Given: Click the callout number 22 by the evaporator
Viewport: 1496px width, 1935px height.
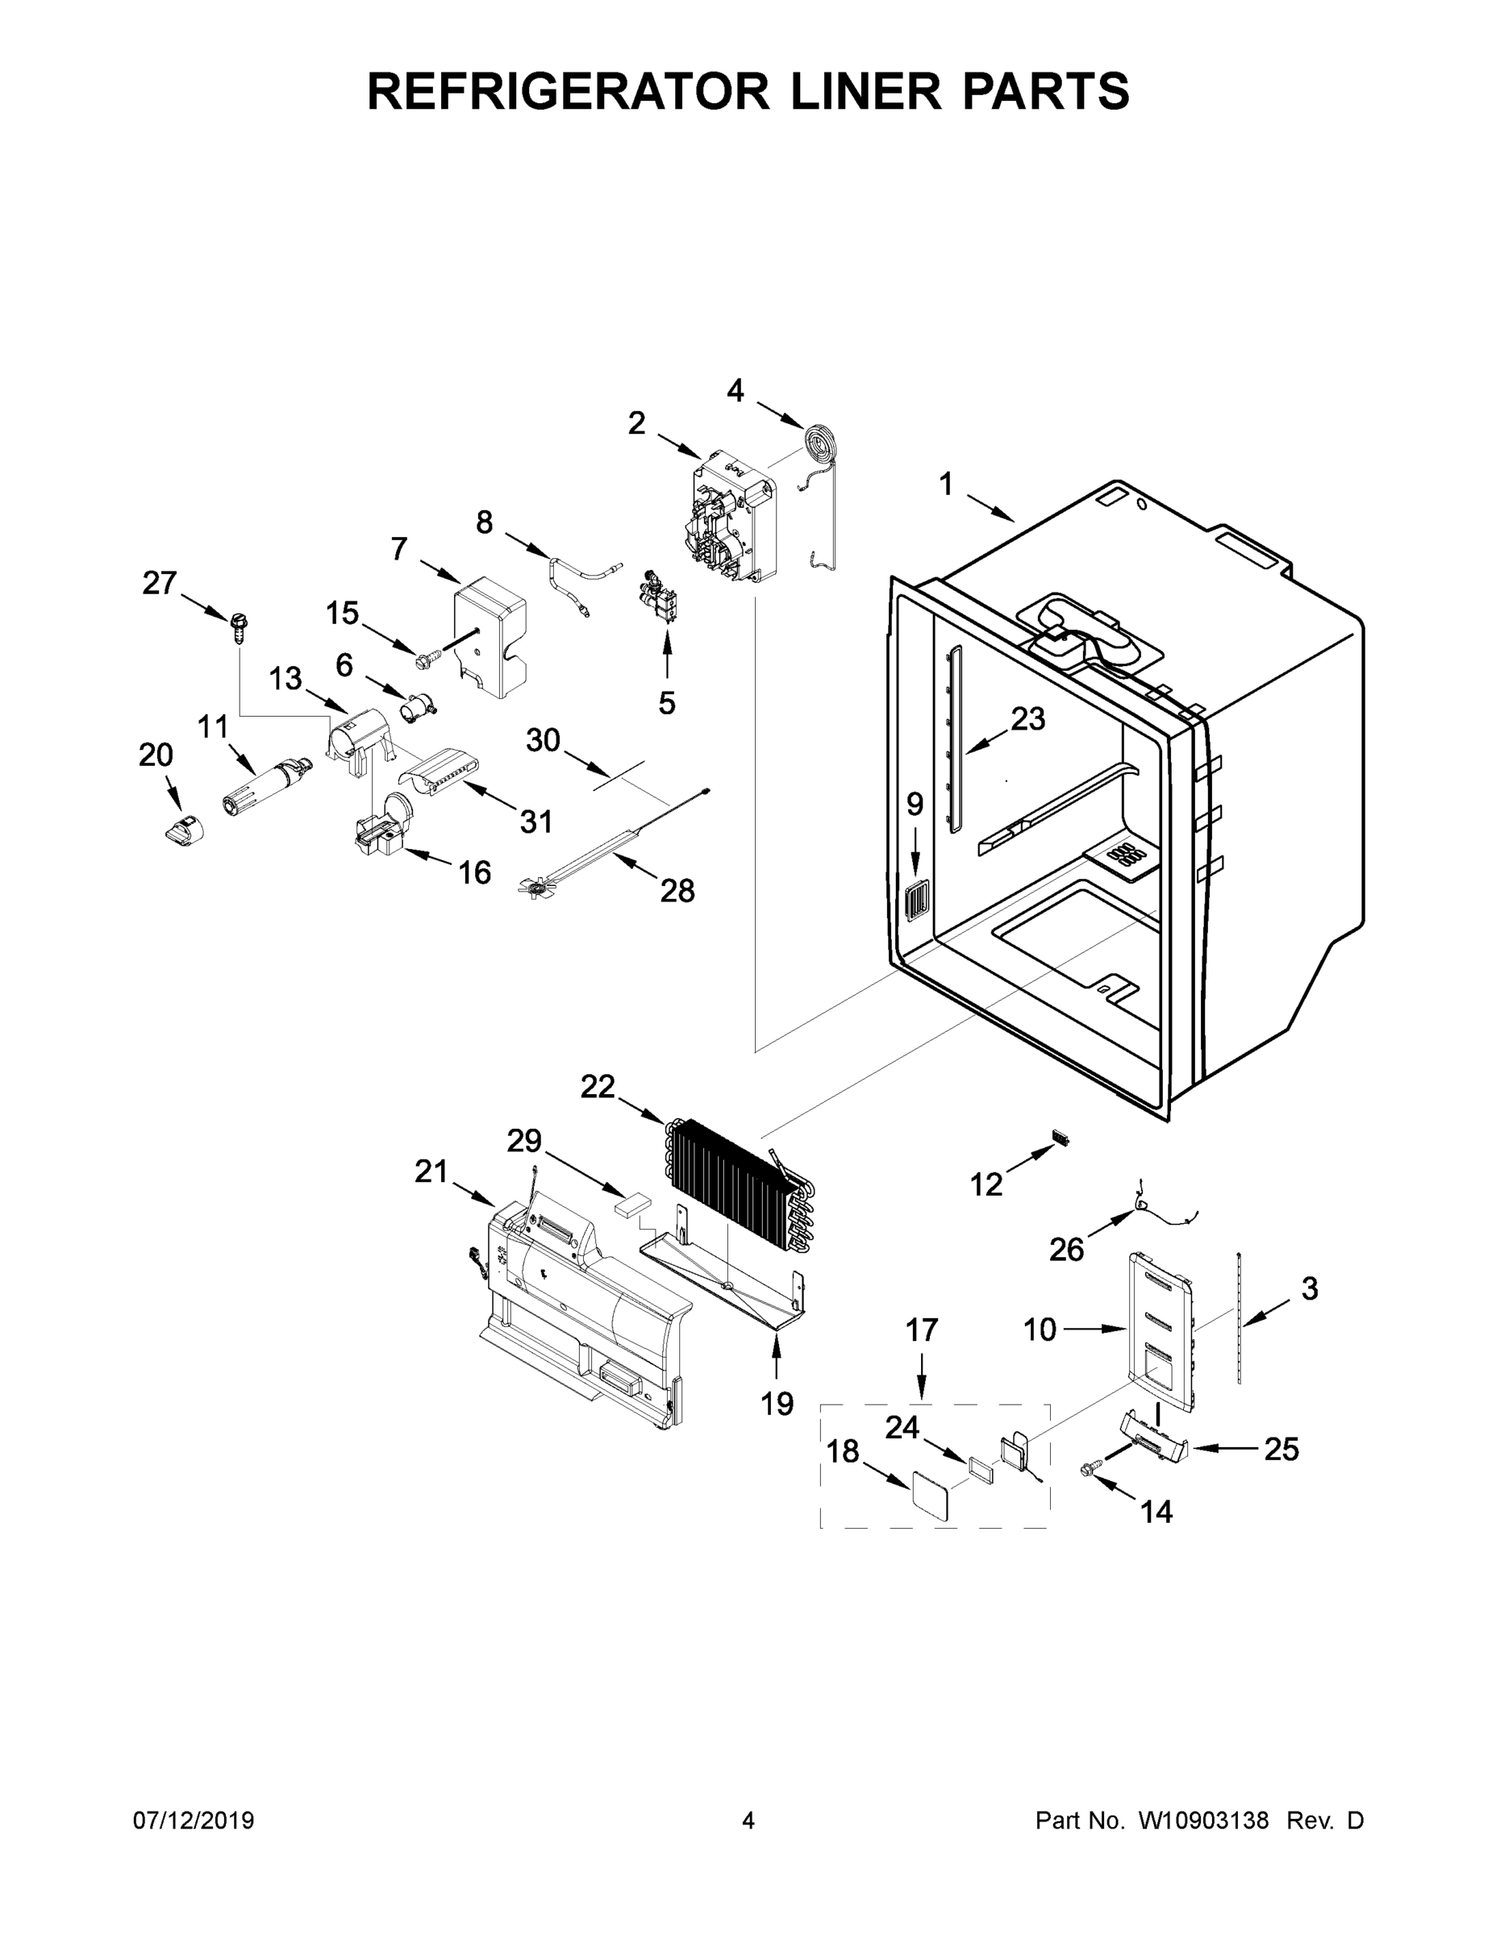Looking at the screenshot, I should [x=598, y=1086].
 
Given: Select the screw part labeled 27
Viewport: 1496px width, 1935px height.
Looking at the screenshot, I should [x=240, y=626].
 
